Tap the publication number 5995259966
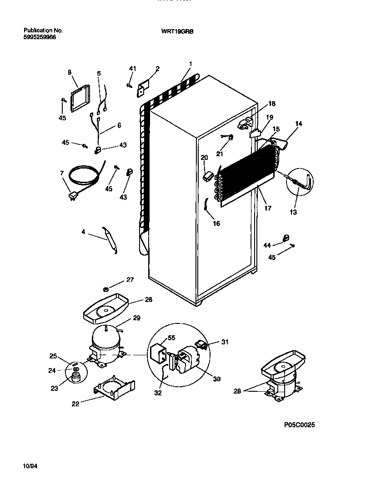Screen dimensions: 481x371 pyautogui.click(x=40, y=38)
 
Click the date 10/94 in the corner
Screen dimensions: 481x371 pyautogui.click(x=29, y=466)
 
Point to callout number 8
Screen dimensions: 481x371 pyautogui.click(x=70, y=72)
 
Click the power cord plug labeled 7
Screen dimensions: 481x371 pyautogui.click(x=72, y=197)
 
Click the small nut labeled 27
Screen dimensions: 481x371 pyautogui.click(x=105, y=289)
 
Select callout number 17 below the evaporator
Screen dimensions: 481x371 pyautogui.click(x=268, y=209)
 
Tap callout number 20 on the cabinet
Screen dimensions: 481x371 pyautogui.click(x=204, y=158)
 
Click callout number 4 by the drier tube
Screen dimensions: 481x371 pyautogui.click(x=83, y=232)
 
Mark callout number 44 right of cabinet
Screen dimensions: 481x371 pyautogui.click(x=267, y=246)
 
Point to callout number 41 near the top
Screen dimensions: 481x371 pyautogui.click(x=132, y=68)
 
